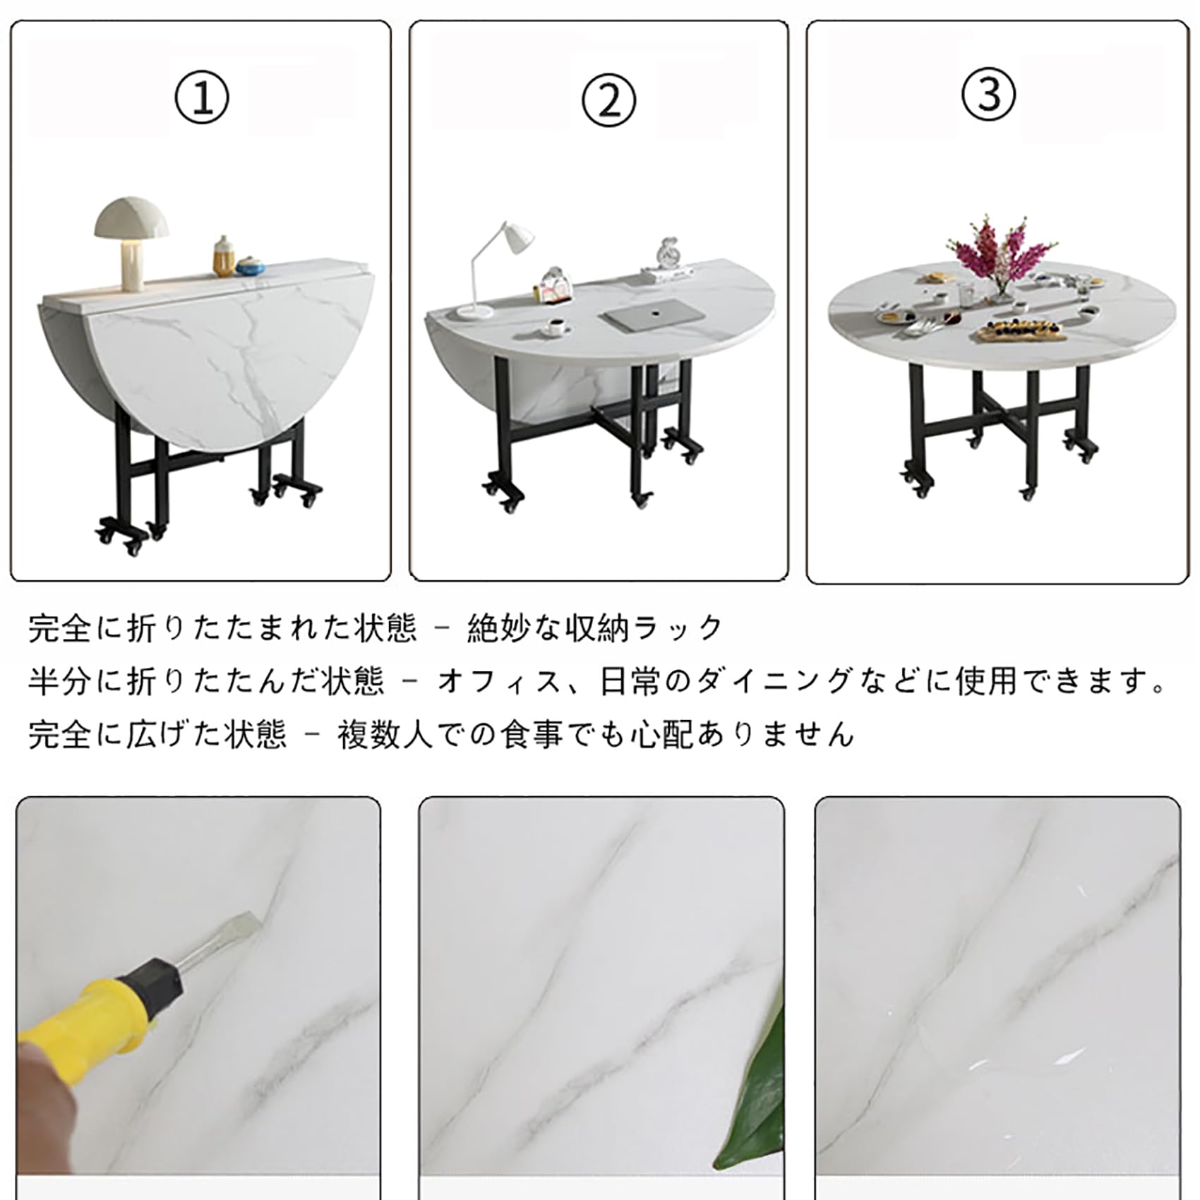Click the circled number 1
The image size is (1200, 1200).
[202, 99]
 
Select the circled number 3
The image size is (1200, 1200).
[989, 95]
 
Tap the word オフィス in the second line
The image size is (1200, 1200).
[499, 682]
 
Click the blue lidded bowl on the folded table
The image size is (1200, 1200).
[248, 265]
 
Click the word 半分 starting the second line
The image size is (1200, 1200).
[59, 682]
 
